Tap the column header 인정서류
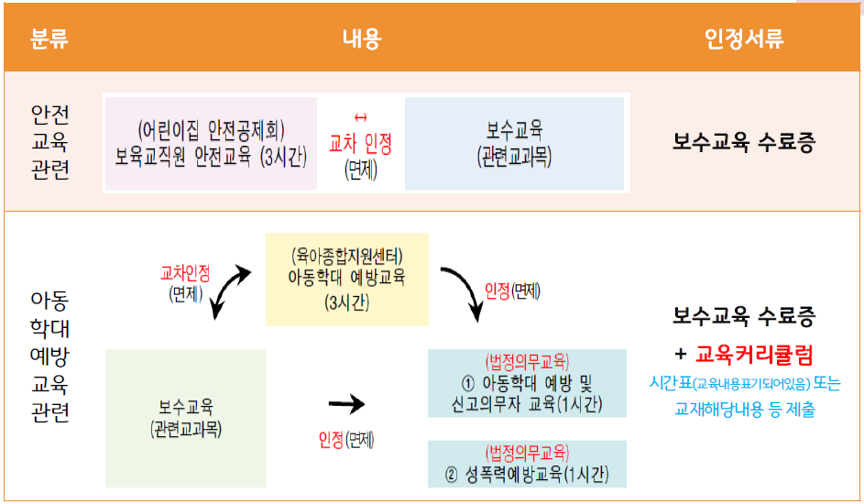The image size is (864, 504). [744, 38]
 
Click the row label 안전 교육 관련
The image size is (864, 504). [49, 142]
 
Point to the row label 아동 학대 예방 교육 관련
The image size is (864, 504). [49, 358]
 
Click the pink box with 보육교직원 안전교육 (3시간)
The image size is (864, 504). [211, 143]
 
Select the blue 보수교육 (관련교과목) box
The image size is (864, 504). [514, 143]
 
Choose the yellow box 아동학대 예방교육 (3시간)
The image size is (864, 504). [346, 279]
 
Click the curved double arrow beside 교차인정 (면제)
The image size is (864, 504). [230, 290]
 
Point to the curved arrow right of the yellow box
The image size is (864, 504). [464, 291]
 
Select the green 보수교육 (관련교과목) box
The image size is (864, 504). [186, 417]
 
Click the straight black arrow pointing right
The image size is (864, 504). [345, 403]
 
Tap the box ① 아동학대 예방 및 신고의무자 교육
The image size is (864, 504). [527, 383]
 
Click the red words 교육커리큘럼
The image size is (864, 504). [754, 353]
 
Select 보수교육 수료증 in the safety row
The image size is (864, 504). [744, 143]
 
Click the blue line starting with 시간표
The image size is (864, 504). [744, 384]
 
